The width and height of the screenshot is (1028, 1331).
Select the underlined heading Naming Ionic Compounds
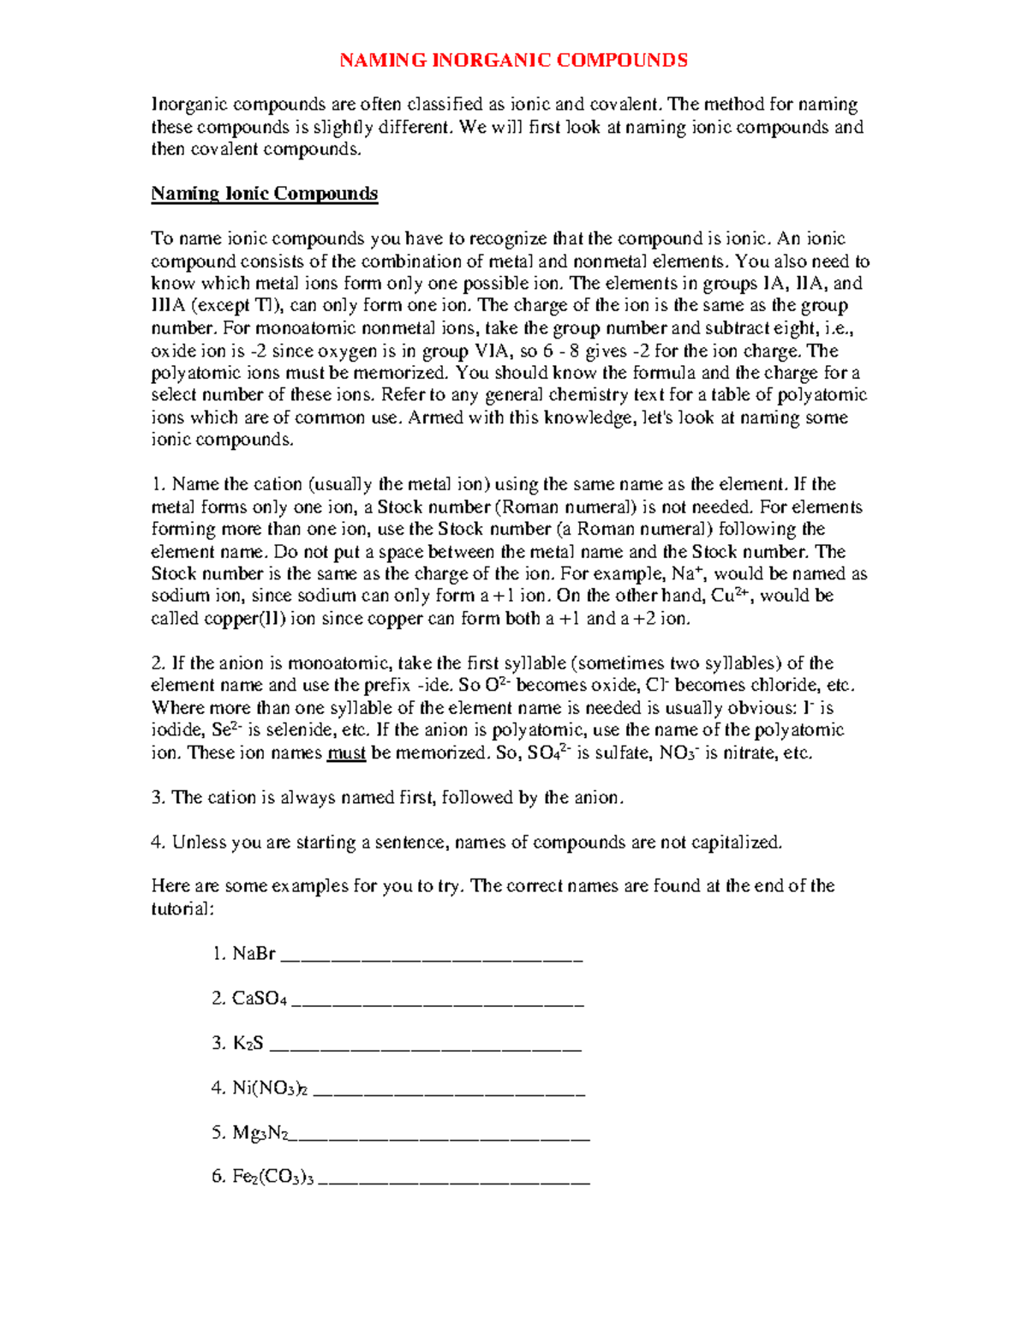click(264, 194)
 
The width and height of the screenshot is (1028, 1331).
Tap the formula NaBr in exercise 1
click(254, 953)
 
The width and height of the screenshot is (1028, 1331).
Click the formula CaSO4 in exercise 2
click(259, 998)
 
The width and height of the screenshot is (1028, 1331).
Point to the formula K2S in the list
click(248, 1043)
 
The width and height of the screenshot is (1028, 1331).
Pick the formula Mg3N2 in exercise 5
click(260, 1133)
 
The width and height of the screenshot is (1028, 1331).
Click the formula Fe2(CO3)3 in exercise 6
click(273, 1178)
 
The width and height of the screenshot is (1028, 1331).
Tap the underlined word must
click(347, 753)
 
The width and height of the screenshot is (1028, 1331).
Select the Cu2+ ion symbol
click(731, 596)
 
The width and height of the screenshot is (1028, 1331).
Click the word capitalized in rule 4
click(736, 842)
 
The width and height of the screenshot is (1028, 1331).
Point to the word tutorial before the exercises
click(180, 908)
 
